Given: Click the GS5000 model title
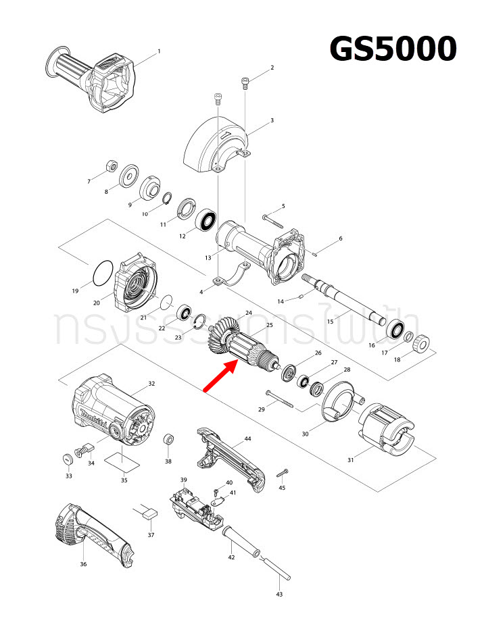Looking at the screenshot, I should point(393,49).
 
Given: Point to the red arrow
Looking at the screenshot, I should point(220,376).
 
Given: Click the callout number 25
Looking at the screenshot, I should point(269,326).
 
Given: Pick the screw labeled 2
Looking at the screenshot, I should point(245,84).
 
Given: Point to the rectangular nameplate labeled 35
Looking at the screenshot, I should point(123,463).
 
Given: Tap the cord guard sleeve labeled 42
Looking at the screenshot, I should point(239,540).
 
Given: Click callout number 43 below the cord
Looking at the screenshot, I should point(279,595).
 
